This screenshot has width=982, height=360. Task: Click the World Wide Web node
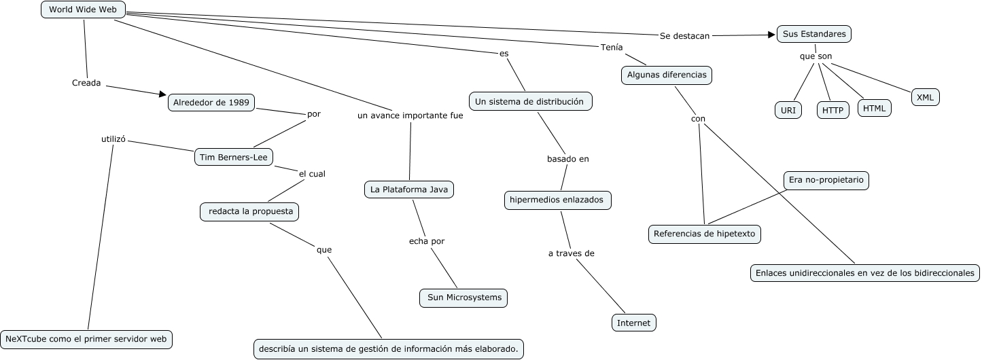(x=83, y=10)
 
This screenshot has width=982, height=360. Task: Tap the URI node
(x=788, y=110)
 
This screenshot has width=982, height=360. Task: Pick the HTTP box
(x=832, y=110)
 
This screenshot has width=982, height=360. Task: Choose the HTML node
(x=874, y=107)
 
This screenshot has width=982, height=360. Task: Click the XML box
(x=925, y=97)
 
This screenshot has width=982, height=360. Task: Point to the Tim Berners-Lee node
(x=234, y=157)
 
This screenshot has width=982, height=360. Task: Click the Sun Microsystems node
(x=463, y=298)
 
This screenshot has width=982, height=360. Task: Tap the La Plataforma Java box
(x=408, y=190)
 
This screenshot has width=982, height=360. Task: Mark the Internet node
(x=633, y=323)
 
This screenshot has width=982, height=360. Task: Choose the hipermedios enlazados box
(x=557, y=200)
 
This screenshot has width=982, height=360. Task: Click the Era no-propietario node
(x=826, y=181)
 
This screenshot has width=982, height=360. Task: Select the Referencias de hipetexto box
(x=705, y=234)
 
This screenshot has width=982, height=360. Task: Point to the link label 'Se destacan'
(x=684, y=36)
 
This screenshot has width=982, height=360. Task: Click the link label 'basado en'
(x=567, y=159)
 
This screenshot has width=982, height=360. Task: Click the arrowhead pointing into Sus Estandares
(x=772, y=34)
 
